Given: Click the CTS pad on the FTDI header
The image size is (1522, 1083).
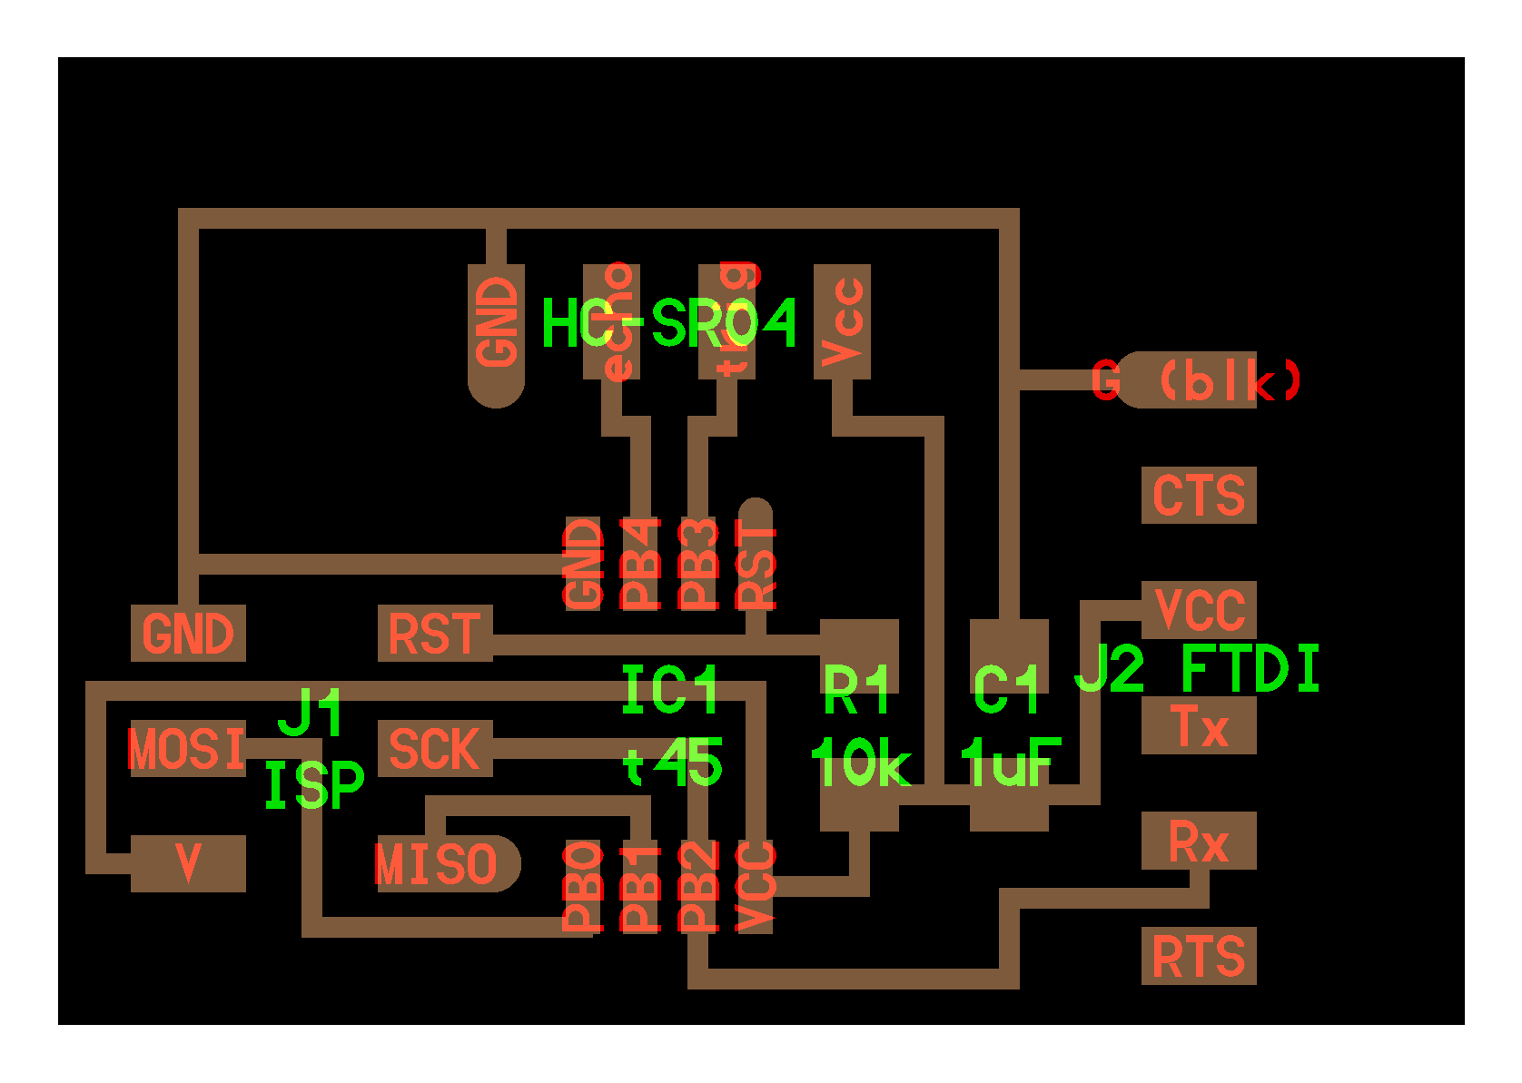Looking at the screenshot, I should (x=1199, y=495).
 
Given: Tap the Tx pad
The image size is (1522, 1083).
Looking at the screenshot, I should (x=1199, y=726).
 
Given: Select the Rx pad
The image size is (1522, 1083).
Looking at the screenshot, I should (x=1199, y=842).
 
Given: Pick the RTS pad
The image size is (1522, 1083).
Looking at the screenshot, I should (x=1199, y=956).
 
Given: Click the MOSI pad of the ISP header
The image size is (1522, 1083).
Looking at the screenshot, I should (x=187, y=749).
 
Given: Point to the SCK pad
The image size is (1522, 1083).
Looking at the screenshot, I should (x=435, y=749).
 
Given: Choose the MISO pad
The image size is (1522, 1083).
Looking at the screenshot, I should (x=440, y=863).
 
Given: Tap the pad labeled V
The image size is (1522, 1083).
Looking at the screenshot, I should (x=188, y=863).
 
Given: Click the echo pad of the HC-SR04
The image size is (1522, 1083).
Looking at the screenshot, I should (x=612, y=321).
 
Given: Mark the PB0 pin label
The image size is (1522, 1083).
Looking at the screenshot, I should (x=583, y=886).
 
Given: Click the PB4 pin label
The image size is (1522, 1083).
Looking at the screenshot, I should (x=640, y=564).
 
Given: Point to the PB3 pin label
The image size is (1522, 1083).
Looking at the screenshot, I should (x=697, y=564).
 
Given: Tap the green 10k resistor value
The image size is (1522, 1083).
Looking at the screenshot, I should (x=859, y=763).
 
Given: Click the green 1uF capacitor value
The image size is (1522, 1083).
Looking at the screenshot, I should (x=1010, y=763).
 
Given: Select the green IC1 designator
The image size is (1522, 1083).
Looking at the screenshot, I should (x=670, y=691).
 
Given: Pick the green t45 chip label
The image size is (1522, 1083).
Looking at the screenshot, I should (x=673, y=763).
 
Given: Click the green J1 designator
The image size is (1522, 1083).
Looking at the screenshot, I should (x=311, y=712).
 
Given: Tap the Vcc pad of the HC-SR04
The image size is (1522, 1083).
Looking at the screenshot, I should (x=843, y=321).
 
